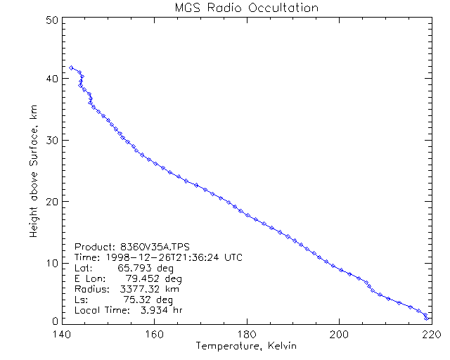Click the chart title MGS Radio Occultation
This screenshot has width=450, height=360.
246,8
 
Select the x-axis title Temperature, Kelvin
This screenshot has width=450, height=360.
246,346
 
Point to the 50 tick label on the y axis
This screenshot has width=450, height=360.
50,20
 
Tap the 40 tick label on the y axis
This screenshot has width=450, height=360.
50,79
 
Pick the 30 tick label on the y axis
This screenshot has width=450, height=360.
50,140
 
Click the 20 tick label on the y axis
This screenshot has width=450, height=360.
50,201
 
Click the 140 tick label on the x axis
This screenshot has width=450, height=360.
62,335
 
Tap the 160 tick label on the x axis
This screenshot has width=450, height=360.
154,335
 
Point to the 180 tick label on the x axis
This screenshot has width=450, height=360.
247,335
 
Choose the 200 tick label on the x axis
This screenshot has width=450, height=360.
339,335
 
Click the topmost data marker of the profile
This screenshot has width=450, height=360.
72,67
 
